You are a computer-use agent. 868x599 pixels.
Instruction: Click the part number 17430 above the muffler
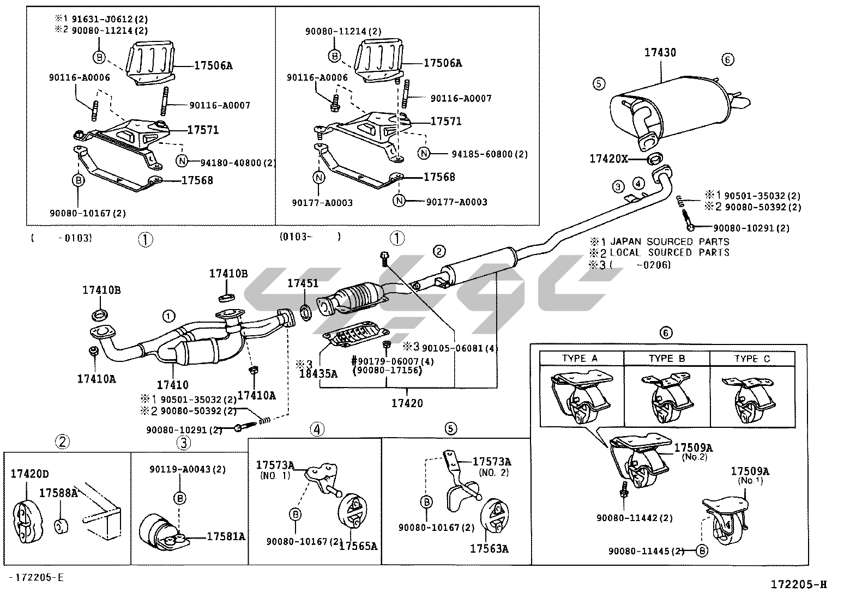pos(660,53)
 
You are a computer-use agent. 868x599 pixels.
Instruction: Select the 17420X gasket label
pos(608,159)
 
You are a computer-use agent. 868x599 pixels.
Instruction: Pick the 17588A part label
pos(58,493)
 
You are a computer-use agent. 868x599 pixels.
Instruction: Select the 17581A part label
pos(226,537)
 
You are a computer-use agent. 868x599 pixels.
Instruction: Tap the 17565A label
pos(358,546)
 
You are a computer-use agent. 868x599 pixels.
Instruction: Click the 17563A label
pos(489,549)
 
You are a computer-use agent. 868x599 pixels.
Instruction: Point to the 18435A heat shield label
pos(318,373)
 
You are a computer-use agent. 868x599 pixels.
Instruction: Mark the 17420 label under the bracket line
pos(407,403)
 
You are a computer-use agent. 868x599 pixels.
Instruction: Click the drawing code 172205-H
pos(798,585)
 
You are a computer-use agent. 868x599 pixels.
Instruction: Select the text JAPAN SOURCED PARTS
pos(670,241)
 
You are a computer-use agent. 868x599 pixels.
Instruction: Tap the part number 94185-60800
pos(482,154)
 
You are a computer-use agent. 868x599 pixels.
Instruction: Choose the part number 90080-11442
pos(626,518)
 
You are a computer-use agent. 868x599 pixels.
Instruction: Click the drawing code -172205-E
pos(36,578)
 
